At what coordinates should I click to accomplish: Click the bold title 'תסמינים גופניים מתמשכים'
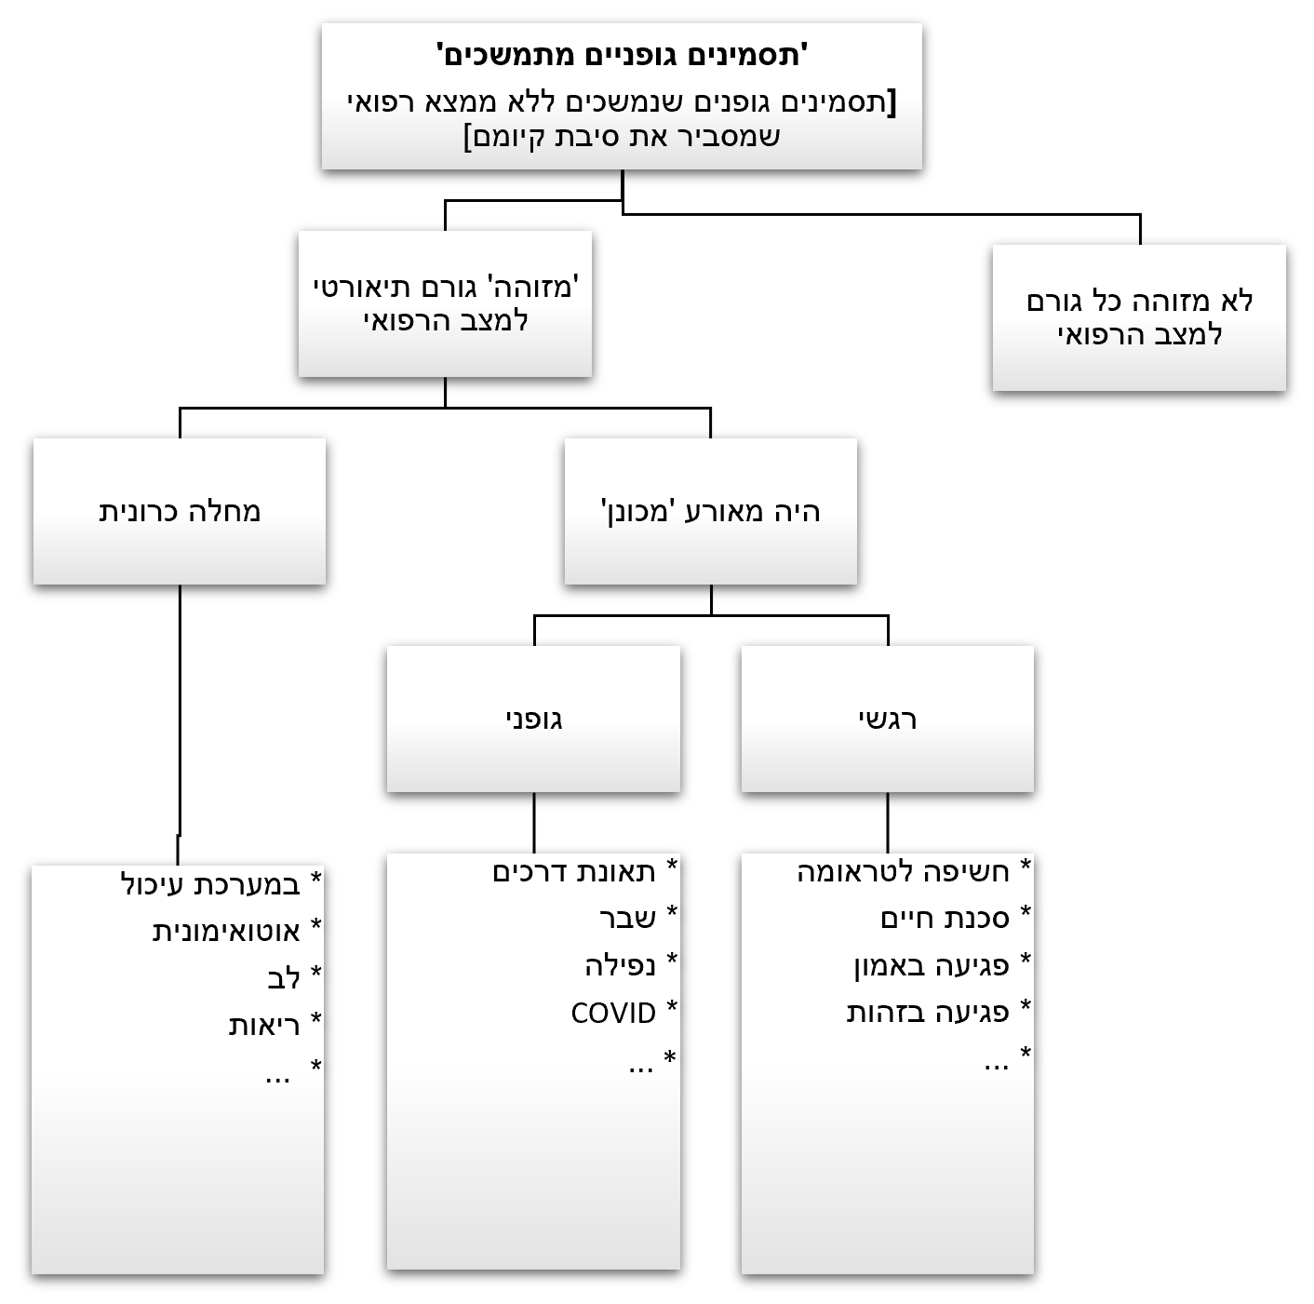click(x=622, y=55)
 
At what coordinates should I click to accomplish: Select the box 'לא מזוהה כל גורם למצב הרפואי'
click(x=1139, y=317)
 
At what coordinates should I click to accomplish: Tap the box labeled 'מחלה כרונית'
click(x=180, y=511)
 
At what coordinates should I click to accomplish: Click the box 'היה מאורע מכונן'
click(x=710, y=511)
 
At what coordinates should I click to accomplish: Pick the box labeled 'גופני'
click(x=533, y=719)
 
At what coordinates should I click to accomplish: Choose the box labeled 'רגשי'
click(x=887, y=719)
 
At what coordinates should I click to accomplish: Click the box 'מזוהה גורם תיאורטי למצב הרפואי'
click(x=445, y=303)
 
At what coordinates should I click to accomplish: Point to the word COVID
click(x=613, y=1013)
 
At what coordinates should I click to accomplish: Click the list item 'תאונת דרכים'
click(x=574, y=872)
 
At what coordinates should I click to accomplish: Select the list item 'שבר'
click(x=628, y=918)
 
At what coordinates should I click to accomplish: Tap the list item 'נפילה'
click(x=620, y=965)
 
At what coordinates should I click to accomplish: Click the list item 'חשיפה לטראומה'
click(x=903, y=872)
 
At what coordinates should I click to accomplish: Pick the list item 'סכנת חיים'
click(x=945, y=919)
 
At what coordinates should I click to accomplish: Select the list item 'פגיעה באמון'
click(x=931, y=965)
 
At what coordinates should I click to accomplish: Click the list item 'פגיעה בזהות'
click(x=928, y=1012)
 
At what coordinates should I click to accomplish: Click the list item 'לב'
click(x=283, y=978)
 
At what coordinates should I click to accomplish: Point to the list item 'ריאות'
click(x=264, y=1025)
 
